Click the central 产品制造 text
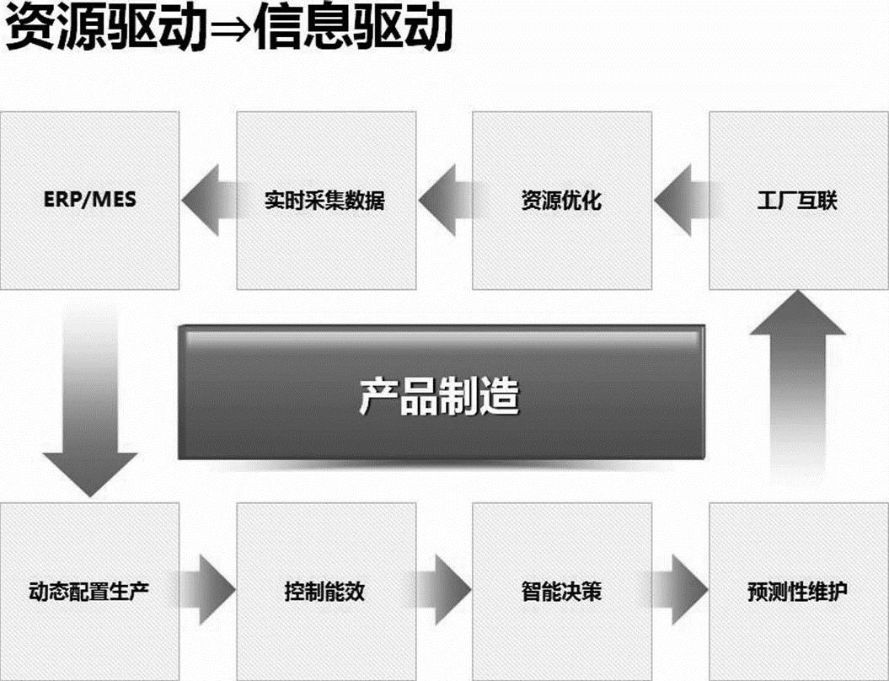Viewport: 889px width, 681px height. click(x=439, y=394)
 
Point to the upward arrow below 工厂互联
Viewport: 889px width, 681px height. click(x=797, y=379)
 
